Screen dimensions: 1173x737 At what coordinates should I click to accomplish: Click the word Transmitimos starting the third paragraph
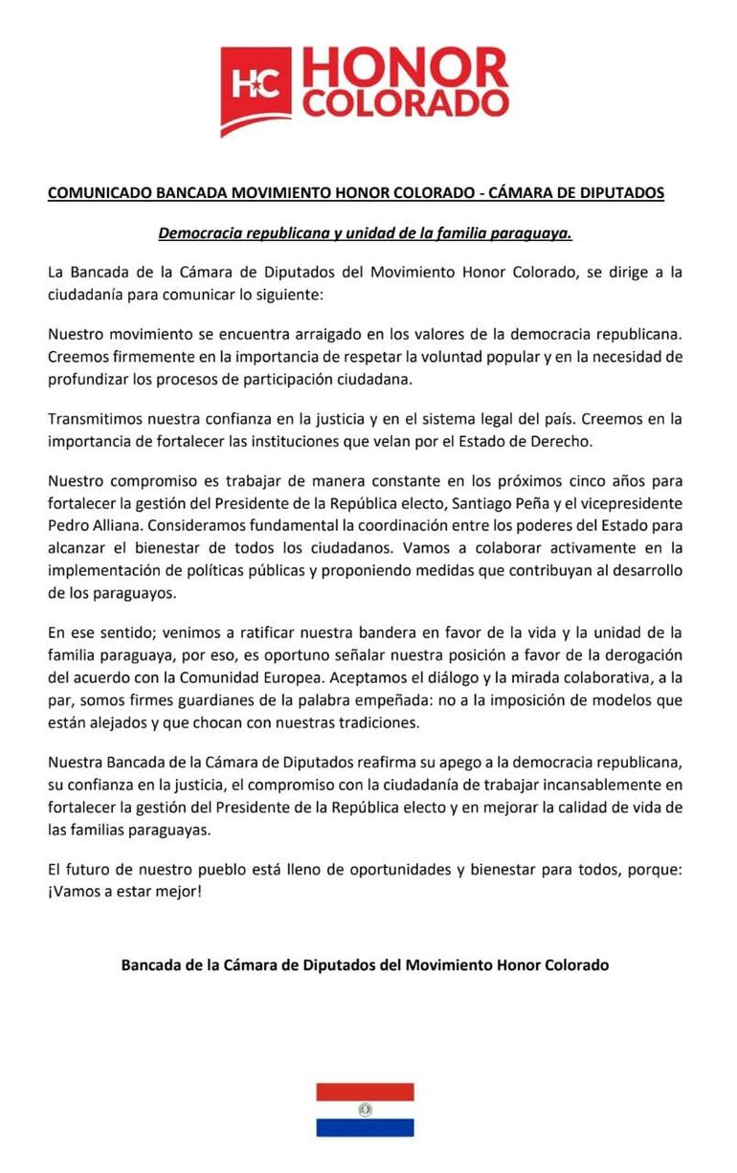pos(94,418)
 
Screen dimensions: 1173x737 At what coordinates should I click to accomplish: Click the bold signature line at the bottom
pos(365,964)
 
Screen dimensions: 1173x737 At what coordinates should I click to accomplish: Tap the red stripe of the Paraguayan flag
pos(365,1092)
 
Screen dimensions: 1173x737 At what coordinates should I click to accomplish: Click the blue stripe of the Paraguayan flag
pos(365,1128)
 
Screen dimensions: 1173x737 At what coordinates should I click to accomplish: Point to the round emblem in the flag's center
pos(365,1110)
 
